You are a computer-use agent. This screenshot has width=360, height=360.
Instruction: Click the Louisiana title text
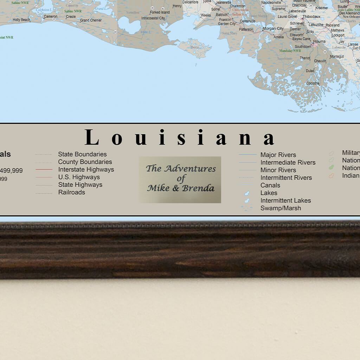tap(180, 137)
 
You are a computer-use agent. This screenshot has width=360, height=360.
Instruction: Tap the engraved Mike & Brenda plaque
tap(180, 179)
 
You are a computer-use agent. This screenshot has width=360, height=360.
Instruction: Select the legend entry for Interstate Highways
tap(86, 169)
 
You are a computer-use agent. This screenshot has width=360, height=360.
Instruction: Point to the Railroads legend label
tap(71, 192)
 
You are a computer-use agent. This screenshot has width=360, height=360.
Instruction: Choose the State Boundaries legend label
tap(82, 154)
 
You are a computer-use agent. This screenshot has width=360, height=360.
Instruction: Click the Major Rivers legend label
tap(278, 155)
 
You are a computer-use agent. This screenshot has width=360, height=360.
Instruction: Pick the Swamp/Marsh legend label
tap(281, 208)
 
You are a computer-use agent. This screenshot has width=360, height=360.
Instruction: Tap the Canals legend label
tap(270, 185)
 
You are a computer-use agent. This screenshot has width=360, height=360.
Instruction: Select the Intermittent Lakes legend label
tap(285, 200)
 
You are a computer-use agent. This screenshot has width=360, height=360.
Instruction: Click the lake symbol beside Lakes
tap(247, 193)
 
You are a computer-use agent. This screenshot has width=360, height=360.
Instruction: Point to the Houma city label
tap(320, 41)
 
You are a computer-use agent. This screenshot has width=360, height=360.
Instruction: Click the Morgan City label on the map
tap(273, 28)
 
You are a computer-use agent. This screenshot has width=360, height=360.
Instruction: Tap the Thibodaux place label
tap(311, 17)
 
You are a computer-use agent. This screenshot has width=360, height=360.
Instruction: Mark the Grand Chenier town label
tap(91, 20)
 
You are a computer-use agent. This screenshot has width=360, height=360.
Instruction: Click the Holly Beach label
tap(21, 20)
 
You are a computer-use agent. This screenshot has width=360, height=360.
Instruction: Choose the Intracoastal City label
tap(153, 18)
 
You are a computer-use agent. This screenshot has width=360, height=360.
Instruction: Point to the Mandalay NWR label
tap(290, 51)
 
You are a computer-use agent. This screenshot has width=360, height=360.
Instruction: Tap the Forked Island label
tap(160, 12)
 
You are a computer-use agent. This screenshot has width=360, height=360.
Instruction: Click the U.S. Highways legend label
tap(79, 177)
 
